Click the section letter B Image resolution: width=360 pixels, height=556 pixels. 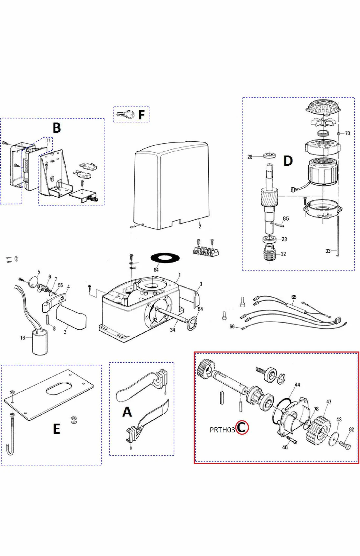(x=56, y=128)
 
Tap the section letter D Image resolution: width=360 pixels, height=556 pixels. (x=288, y=161)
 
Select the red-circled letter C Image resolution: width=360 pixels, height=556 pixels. (x=242, y=427)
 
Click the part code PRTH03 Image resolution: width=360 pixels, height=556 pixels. (x=222, y=430)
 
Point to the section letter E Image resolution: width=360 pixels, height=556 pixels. (x=56, y=429)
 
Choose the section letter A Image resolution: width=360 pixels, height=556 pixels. (x=127, y=412)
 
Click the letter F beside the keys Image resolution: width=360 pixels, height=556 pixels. (x=142, y=115)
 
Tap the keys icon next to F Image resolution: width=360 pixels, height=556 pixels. (x=125, y=114)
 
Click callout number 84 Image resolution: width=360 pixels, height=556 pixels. (x=156, y=270)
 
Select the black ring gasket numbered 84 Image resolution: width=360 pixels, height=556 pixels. (x=165, y=258)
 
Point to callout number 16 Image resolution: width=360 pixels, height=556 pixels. (x=23, y=338)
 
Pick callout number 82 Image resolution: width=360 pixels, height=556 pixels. (x=351, y=429)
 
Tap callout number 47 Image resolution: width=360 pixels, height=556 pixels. (x=329, y=402)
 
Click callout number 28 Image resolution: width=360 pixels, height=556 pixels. (x=250, y=157)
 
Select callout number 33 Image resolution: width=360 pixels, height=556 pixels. (x=328, y=251)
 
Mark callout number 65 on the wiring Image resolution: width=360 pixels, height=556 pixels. (x=294, y=297)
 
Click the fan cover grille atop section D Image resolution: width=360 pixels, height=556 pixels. (x=323, y=107)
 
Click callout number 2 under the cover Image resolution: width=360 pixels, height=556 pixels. (x=200, y=226)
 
